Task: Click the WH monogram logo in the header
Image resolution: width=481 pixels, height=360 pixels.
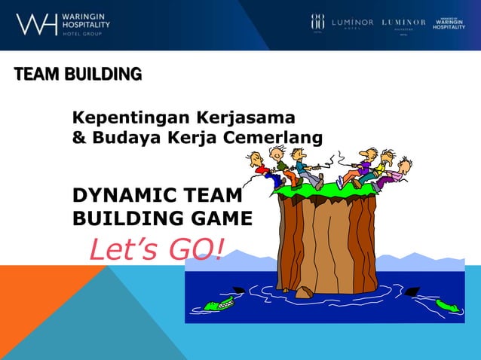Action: point(35,25)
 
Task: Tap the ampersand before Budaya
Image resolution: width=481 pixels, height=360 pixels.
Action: point(78,139)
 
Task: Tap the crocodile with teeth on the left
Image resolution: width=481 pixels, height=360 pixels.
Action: point(219,304)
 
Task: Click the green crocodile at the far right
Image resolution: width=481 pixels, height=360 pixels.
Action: point(447,305)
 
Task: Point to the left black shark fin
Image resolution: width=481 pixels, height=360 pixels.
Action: point(237,289)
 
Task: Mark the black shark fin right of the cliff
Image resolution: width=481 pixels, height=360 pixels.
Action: point(412,291)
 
